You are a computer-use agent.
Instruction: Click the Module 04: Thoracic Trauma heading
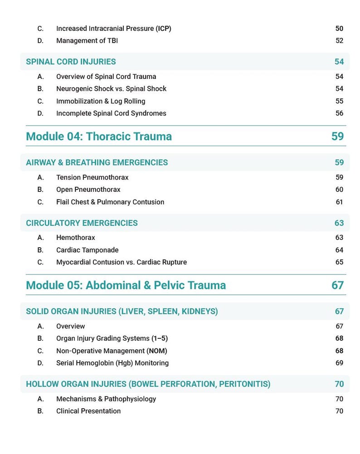point(99,136)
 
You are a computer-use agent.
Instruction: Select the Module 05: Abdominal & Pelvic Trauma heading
point(126,285)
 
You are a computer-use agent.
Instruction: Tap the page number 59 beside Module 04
point(337,136)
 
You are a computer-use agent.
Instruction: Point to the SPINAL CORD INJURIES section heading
point(71,62)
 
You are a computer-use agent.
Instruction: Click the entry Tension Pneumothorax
point(92,177)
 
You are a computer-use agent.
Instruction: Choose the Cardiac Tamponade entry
point(87,250)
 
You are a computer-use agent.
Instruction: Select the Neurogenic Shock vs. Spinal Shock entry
point(111,89)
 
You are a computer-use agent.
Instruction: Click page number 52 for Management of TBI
point(339,41)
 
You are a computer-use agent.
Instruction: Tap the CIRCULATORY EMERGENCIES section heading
point(82,223)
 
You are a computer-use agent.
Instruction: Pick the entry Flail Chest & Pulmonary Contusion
point(110,202)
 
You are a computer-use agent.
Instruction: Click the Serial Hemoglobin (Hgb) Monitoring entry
point(112,363)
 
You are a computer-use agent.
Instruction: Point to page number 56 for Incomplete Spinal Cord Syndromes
point(339,113)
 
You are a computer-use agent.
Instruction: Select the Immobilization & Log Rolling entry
point(101,101)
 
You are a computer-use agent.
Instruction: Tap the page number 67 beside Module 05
point(337,285)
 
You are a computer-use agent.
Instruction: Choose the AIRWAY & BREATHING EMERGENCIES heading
point(97,162)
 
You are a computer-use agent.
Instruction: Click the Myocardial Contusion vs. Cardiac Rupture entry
point(121,262)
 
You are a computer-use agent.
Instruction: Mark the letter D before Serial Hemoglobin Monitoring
point(40,363)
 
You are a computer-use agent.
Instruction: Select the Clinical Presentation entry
point(88,411)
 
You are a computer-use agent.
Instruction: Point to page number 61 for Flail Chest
point(339,202)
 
